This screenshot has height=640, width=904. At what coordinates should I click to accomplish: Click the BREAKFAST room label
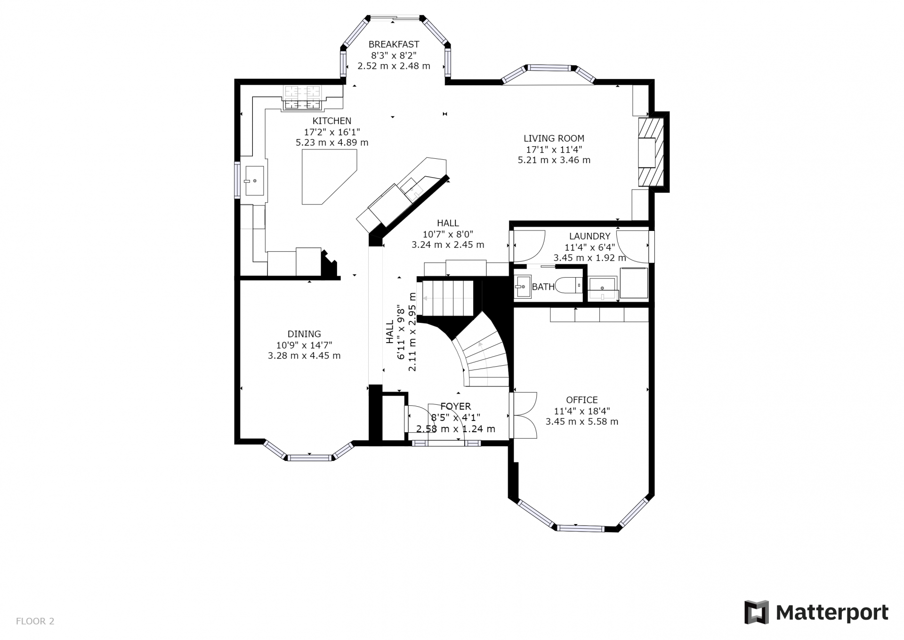394,44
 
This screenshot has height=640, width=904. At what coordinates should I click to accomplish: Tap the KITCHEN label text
332,121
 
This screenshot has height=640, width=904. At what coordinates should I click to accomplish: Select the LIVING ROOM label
554,139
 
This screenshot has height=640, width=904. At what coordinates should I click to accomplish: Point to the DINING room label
304,334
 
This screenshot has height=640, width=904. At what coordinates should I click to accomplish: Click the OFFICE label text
582,400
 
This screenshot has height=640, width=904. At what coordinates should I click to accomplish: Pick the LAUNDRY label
589,237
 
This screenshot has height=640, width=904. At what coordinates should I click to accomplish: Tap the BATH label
543,287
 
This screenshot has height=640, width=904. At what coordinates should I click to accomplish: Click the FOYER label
455,406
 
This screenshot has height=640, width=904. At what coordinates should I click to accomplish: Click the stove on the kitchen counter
302,98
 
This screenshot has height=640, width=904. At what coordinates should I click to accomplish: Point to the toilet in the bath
569,285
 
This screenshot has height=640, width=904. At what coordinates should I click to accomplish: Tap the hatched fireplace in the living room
651,152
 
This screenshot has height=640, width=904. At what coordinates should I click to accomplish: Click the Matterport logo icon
756,612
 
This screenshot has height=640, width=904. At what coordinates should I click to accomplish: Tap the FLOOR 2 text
35,621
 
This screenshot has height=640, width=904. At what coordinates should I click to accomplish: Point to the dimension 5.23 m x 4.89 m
332,142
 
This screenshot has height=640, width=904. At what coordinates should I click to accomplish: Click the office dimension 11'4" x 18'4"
582,411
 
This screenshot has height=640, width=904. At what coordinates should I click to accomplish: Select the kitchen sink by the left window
254,181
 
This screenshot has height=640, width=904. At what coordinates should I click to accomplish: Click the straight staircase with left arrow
447,298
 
